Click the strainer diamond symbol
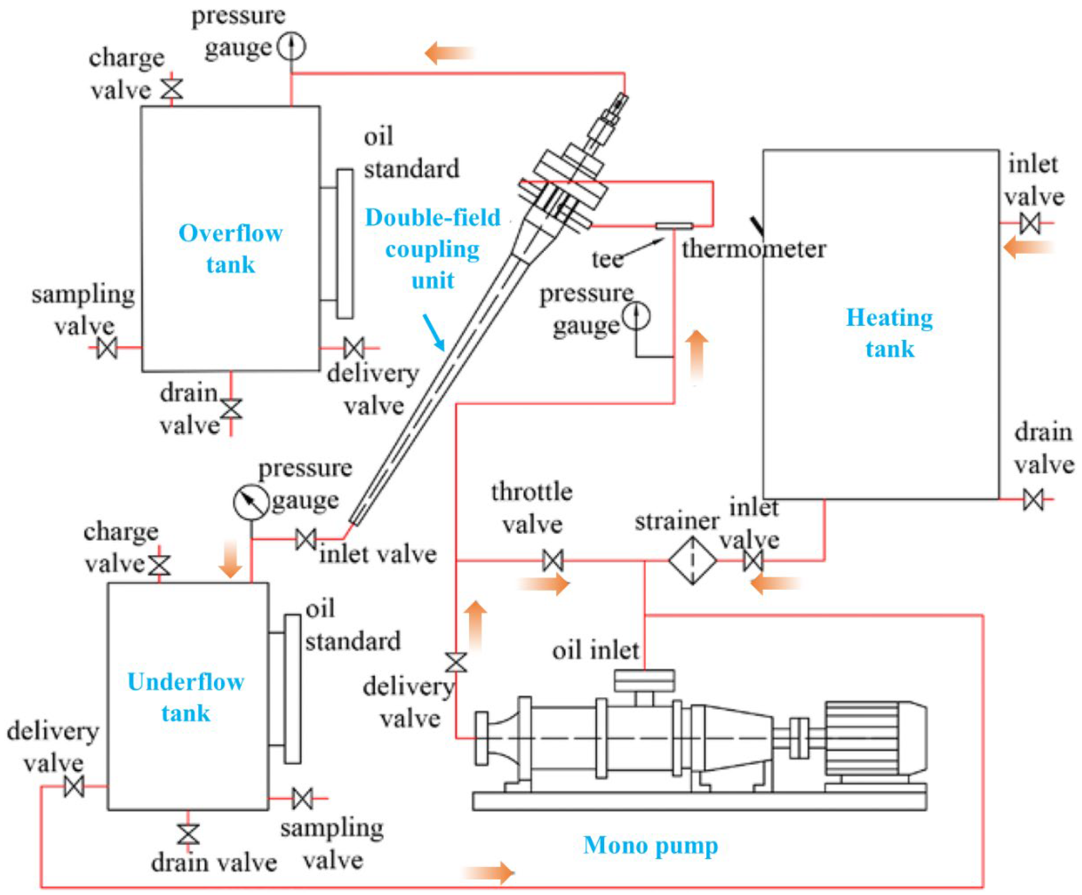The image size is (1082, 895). pos(693,560)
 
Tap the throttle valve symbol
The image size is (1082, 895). pos(553,560)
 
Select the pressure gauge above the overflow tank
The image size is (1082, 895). pos(291,46)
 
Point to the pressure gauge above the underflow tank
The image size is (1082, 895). pos(251,502)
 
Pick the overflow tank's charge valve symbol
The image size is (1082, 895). pos(172,88)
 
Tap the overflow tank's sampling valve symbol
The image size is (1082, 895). pos(107,348)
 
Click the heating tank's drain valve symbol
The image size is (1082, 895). pos(1033,499)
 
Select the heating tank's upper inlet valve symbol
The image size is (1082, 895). pos(1030,224)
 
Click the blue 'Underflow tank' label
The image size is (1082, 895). pos(185,697)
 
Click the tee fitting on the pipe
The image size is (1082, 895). pos(674,226)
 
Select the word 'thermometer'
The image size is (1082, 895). pos(754,249)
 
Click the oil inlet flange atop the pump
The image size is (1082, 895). pos(644,681)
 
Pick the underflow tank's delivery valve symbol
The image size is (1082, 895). pos(74,786)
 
